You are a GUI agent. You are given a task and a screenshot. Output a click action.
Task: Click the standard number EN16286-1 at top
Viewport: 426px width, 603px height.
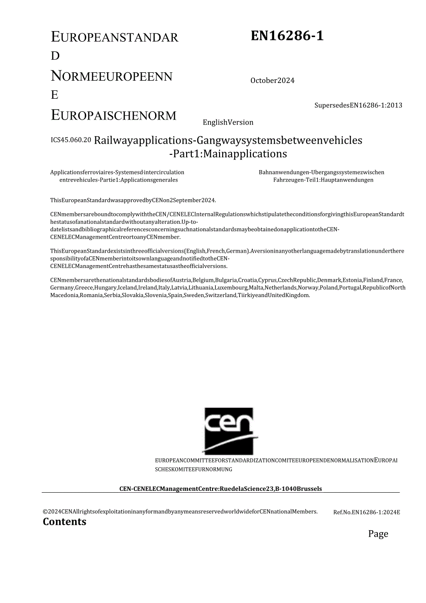[x=287, y=36]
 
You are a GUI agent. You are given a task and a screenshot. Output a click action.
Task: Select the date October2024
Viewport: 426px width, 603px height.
[x=272, y=81]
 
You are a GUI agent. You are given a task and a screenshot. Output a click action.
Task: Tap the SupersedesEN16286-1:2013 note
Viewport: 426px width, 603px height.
[x=358, y=105]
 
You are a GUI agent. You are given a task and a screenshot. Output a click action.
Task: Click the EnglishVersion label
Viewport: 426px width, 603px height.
[x=228, y=122]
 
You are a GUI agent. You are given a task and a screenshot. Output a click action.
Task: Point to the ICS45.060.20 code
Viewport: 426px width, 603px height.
[x=71, y=140]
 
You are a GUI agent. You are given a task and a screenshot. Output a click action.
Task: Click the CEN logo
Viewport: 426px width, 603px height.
[x=229, y=431]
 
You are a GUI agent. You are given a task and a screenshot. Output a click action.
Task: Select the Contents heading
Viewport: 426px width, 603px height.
[x=64, y=522]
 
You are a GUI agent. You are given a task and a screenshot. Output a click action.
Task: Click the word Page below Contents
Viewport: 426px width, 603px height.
[x=378, y=534]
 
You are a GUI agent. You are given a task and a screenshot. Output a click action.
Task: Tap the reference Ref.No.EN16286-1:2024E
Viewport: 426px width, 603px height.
[x=366, y=512]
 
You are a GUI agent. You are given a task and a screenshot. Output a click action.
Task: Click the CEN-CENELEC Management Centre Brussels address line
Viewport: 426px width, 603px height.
[x=220, y=489]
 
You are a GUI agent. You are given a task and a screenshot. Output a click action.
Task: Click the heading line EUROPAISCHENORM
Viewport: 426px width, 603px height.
[x=113, y=115]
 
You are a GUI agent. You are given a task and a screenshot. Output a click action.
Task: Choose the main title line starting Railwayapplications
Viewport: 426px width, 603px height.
[x=228, y=140]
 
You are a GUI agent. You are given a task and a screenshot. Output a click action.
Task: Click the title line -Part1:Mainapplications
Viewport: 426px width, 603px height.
[x=228, y=154]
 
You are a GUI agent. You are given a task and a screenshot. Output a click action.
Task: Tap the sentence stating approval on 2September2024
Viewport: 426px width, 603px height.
[x=133, y=200]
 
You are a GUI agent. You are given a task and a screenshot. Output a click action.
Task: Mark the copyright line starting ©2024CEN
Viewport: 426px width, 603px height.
[x=180, y=512]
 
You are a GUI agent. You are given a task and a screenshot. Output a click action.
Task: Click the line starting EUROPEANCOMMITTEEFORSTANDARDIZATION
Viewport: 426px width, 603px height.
[x=276, y=461]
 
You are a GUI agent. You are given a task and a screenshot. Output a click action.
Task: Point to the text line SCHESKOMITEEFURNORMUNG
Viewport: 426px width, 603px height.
[x=193, y=469]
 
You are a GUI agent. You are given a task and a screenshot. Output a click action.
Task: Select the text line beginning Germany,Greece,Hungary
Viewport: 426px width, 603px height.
[x=228, y=288]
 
